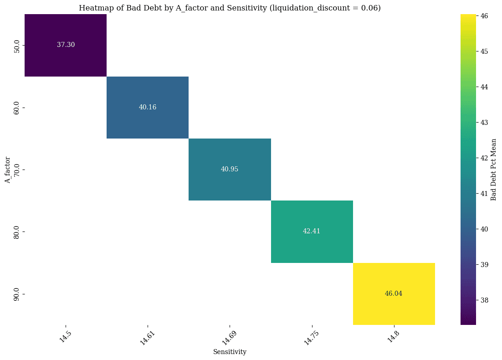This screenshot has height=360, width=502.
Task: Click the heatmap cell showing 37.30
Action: [66, 45]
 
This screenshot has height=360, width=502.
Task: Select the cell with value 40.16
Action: [148, 107]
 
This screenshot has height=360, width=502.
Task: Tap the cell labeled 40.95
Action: [230, 169]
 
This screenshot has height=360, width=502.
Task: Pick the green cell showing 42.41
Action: [312, 231]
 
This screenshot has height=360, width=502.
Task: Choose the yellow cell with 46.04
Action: [394, 293]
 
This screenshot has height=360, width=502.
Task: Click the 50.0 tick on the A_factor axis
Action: [17, 45]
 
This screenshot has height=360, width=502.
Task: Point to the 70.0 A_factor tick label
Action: [17, 170]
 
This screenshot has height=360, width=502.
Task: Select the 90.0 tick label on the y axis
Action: [17, 293]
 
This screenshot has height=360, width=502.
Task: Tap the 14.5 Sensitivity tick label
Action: [65, 336]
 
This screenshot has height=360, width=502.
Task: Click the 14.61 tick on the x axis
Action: [146, 338]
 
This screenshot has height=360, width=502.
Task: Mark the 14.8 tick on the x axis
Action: [393, 336]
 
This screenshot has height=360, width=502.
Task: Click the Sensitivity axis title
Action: [230, 352]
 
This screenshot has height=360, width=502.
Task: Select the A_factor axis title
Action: [7, 170]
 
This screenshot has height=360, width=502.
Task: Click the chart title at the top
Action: [230, 8]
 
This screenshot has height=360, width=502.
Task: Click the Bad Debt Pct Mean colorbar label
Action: [493, 170]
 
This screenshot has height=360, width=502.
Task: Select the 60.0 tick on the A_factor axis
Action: [17, 107]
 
